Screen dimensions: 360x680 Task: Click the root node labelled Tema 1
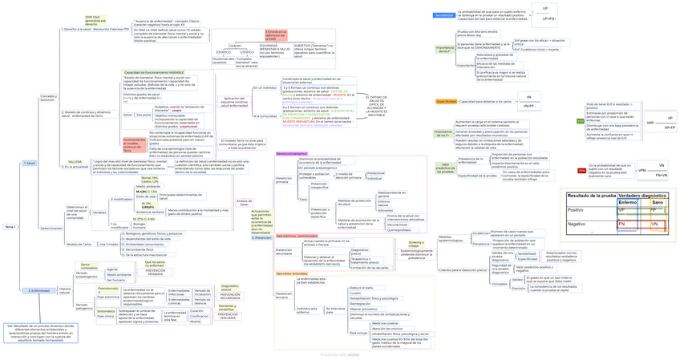pyautogui.click(x=10, y=227)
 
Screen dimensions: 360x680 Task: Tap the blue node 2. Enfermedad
pyautogui.click(x=39, y=290)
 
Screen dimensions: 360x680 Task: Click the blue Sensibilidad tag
pyautogui.click(x=444, y=15)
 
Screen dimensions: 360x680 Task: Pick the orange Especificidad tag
pyautogui.click(x=446, y=101)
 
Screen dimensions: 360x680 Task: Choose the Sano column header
pyautogui.click(x=658, y=202)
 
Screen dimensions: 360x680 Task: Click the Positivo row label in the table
pyautogui.click(x=576, y=210)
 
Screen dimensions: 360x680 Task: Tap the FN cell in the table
pyautogui.click(x=621, y=224)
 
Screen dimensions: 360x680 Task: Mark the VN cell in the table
pyautogui.click(x=654, y=224)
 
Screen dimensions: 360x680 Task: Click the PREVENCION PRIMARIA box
pyautogui.click(x=155, y=271)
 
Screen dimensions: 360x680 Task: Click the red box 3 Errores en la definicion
pyautogui.click(x=276, y=36)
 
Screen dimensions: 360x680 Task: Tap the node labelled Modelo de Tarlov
pyautogui.click(x=79, y=244)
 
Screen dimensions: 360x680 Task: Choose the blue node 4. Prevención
pyautogui.click(x=261, y=237)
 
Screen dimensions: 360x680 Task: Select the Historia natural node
pyautogui.click(x=65, y=290)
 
